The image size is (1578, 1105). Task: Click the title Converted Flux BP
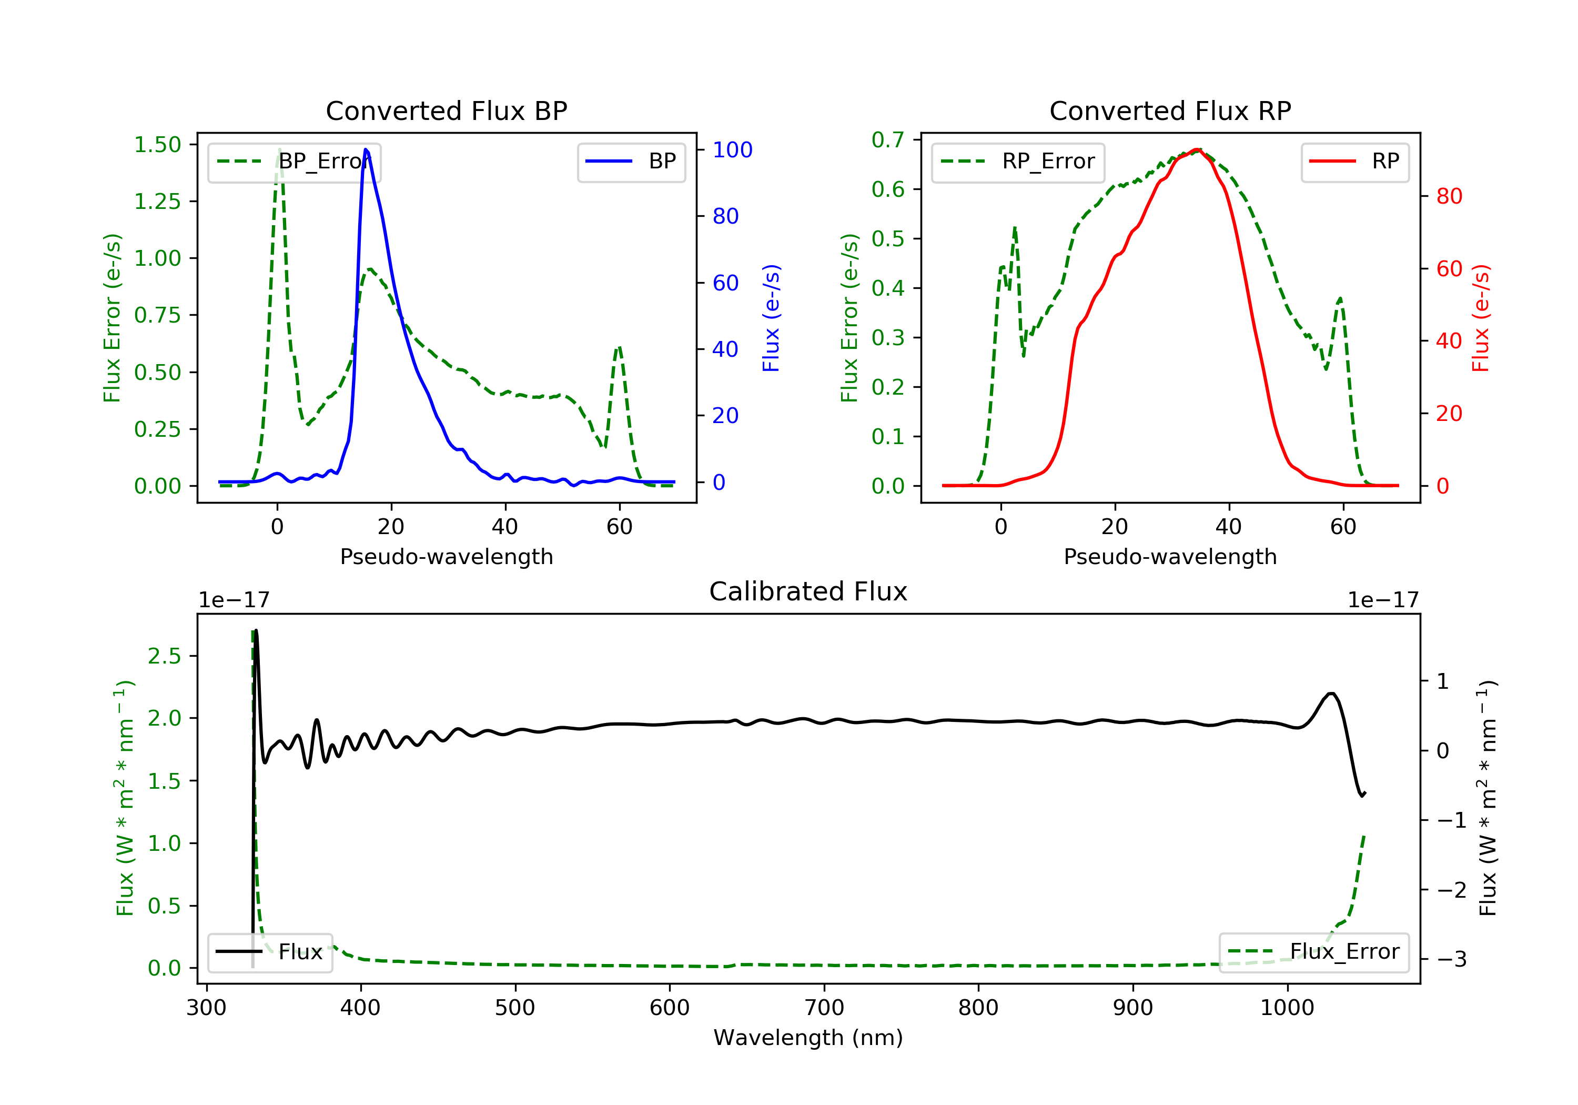tap(446, 110)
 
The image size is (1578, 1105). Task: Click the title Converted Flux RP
tap(1170, 110)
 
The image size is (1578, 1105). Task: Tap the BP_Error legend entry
tap(294, 162)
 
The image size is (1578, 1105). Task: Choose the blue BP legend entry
tap(631, 162)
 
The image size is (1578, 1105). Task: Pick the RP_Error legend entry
tap(1018, 162)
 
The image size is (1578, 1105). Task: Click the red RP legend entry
tap(1354, 162)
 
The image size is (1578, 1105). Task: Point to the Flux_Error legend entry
tap(1313, 952)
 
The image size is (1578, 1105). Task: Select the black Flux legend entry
tap(270, 952)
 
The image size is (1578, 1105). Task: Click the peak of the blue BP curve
tap(366, 149)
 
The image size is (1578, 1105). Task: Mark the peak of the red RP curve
tap(1197, 149)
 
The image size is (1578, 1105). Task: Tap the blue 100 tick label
tap(732, 150)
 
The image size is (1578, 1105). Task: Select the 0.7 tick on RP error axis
tap(887, 139)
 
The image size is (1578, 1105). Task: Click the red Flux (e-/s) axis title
tap(1480, 318)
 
